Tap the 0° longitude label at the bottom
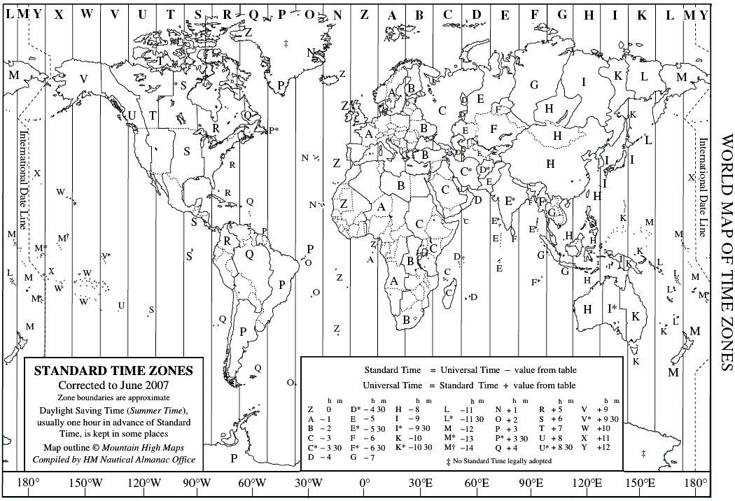365,482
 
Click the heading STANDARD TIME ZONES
114,371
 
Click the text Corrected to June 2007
114,385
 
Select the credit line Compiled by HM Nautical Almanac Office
114,459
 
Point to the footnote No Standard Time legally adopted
498,461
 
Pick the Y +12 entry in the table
596,447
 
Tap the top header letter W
87,13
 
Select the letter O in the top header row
309,14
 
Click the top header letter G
562,14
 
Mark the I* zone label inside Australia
612,307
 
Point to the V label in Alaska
84,78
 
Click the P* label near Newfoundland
274,130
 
